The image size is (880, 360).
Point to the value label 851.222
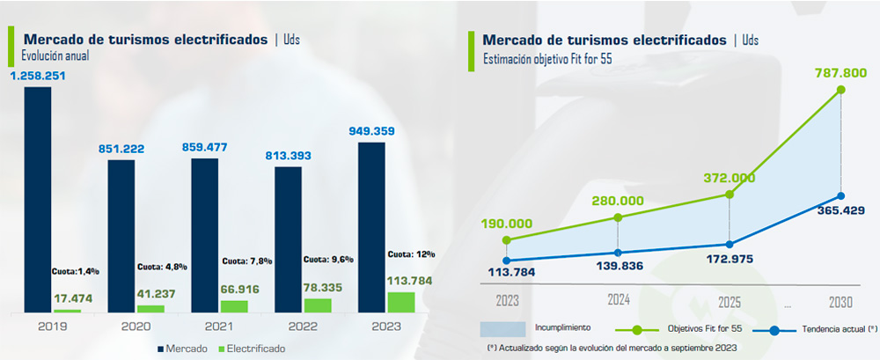pos(121,150)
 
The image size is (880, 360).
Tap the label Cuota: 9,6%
pos(328,260)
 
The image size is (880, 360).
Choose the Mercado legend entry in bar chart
pos(184,349)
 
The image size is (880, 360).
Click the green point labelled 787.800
pos(841,90)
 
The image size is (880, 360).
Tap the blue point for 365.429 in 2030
pos(841,196)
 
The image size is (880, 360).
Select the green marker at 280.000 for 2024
pos(618,217)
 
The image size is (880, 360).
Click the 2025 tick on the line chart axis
pos(730,301)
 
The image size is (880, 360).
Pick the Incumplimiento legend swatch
pos(502,328)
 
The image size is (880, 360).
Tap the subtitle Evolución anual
pos(55,55)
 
